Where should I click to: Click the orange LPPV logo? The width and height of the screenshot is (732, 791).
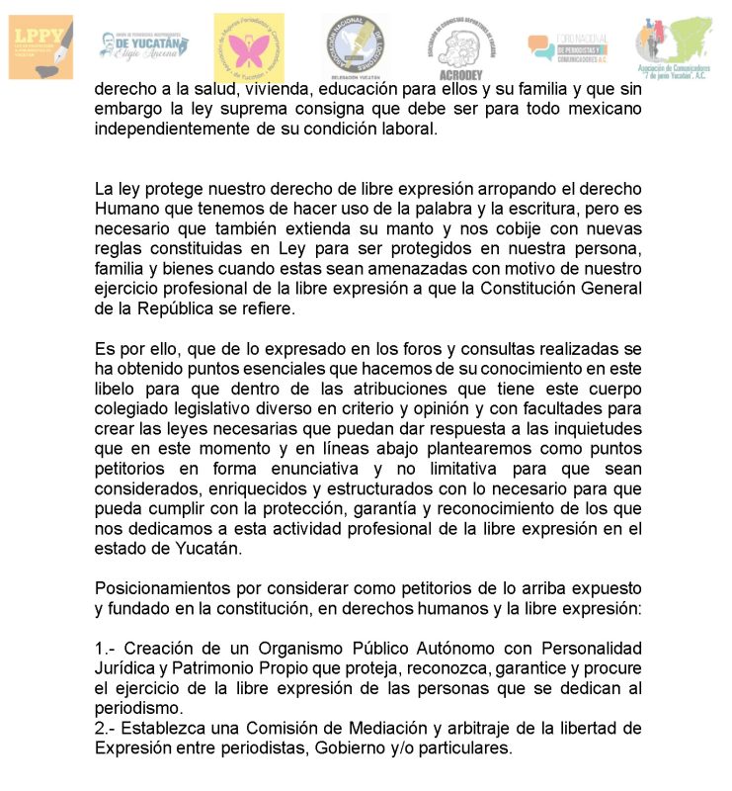(41, 46)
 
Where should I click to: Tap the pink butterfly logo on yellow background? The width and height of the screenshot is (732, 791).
(249, 46)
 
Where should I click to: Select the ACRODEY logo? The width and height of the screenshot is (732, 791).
(461, 49)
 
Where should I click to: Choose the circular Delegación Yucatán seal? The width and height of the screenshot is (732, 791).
(355, 46)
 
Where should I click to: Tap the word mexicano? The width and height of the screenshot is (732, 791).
(603, 109)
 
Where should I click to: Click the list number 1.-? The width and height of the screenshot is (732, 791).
(106, 648)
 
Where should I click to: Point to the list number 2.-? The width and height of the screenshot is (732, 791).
(106, 728)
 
